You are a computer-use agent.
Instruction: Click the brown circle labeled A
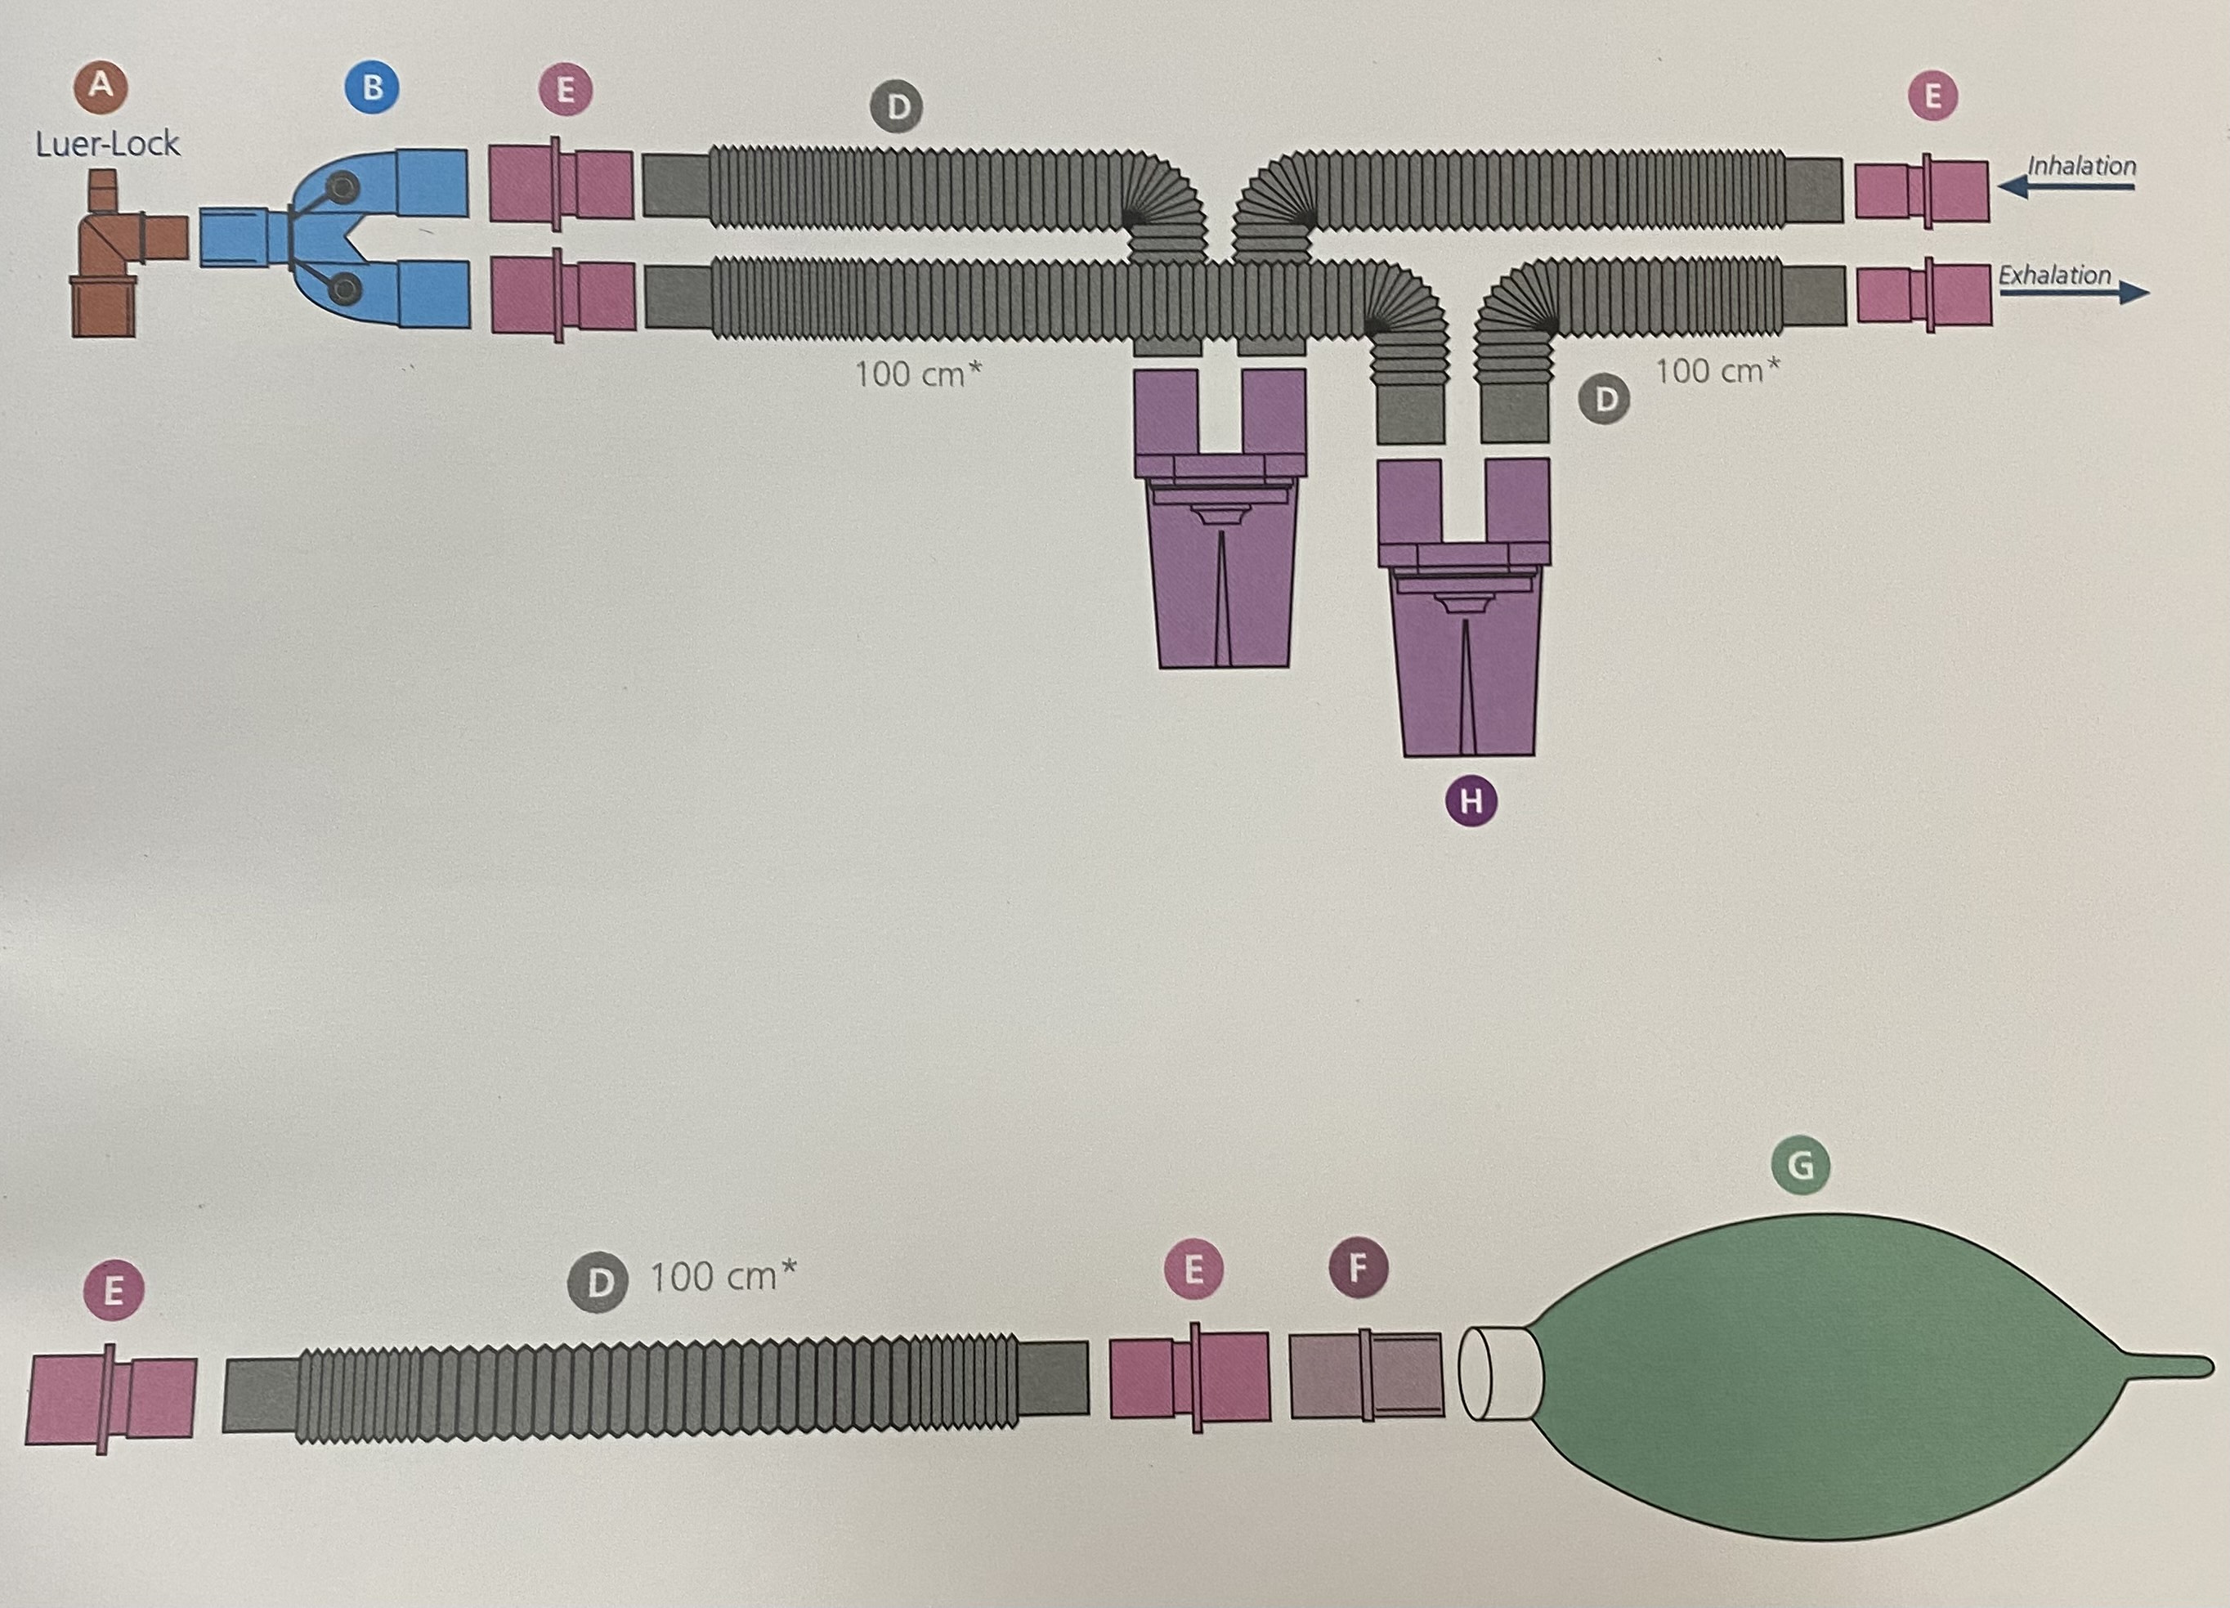(101, 86)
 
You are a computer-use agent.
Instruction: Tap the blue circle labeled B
(372, 87)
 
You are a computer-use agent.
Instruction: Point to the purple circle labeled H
(1471, 801)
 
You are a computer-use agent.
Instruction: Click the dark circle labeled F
(1358, 1268)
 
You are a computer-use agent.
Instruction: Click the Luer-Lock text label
(107, 145)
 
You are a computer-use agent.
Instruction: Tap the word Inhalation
(2081, 165)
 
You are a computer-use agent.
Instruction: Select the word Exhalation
(2054, 275)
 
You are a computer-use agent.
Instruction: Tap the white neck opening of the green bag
(1494, 1372)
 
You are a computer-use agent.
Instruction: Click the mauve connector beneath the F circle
(1366, 1374)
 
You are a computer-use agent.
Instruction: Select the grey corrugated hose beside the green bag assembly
(656, 1391)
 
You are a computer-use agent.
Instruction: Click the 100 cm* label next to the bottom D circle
(723, 1277)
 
